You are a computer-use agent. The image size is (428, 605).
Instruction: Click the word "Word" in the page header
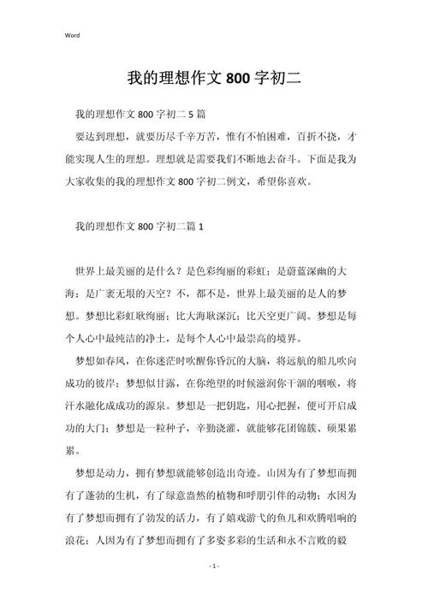(72, 35)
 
